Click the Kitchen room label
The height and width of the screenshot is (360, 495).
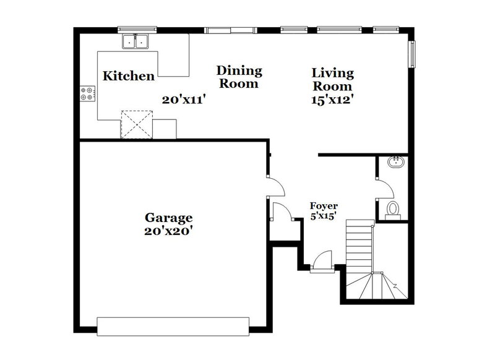point(128,76)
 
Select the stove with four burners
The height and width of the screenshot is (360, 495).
point(87,94)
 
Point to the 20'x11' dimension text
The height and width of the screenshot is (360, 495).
point(184,99)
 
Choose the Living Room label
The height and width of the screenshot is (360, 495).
point(332,80)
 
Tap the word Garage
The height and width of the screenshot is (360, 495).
point(169,218)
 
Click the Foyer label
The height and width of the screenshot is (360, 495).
point(323,207)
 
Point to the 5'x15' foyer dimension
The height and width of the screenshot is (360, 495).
point(323,216)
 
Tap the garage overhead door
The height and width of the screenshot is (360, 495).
point(173,326)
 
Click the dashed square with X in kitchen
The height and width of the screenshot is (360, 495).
point(136,124)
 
